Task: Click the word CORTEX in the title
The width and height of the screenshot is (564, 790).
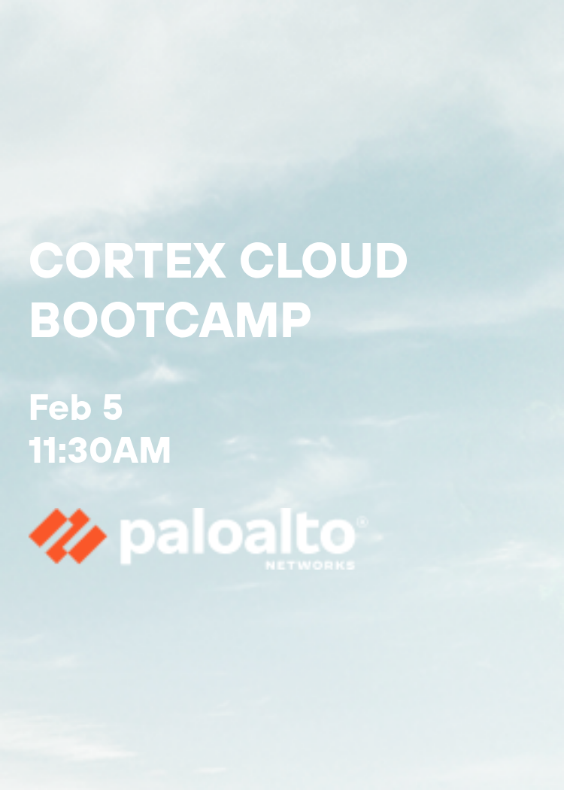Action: (x=127, y=261)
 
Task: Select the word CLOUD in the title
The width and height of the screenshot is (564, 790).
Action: (x=323, y=261)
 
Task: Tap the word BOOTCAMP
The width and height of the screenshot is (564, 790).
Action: (x=170, y=319)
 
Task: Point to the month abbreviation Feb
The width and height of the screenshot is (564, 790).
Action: (x=60, y=408)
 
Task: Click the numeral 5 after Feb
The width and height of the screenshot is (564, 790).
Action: (x=111, y=408)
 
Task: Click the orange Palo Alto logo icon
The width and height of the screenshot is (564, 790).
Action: (x=68, y=536)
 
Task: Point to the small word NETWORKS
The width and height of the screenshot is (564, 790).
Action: (x=310, y=565)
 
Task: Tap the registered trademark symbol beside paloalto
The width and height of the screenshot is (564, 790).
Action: (x=362, y=521)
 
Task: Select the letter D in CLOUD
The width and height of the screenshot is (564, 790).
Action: (x=389, y=261)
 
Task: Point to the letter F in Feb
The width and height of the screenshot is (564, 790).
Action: (x=38, y=408)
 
